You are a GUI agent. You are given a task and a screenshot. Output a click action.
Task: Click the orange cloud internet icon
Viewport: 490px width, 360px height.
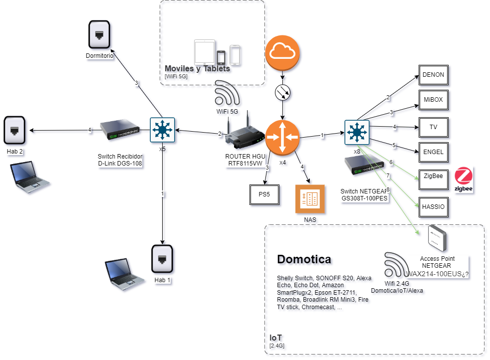coord(283,53)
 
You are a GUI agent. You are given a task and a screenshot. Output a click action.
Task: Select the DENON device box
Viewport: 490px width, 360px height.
coord(433,75)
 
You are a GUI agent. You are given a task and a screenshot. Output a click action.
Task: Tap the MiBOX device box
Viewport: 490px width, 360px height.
coord(433,100)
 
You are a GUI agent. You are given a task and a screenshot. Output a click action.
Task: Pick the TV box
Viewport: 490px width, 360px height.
coord(433,127)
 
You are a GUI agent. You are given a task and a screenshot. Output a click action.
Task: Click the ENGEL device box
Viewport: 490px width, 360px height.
coord(433,152)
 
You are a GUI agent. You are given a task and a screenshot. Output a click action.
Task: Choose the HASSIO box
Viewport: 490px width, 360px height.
coord(433,206)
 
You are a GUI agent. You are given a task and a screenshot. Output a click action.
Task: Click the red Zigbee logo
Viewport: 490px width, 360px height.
coord(464,180)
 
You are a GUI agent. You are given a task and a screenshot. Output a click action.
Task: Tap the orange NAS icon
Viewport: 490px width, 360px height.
coord(310,199)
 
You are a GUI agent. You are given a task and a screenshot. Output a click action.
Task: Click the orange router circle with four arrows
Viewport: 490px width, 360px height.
coord(282,137)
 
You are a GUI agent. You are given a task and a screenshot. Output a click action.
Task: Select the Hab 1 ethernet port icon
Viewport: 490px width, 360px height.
coord(162,259)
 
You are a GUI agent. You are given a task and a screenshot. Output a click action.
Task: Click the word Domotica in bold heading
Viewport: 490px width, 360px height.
coord(304,259)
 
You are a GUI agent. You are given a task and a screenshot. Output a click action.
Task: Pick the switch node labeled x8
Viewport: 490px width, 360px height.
coord(357,133)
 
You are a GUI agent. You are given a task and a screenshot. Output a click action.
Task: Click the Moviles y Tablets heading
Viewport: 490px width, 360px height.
coord(197,68)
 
